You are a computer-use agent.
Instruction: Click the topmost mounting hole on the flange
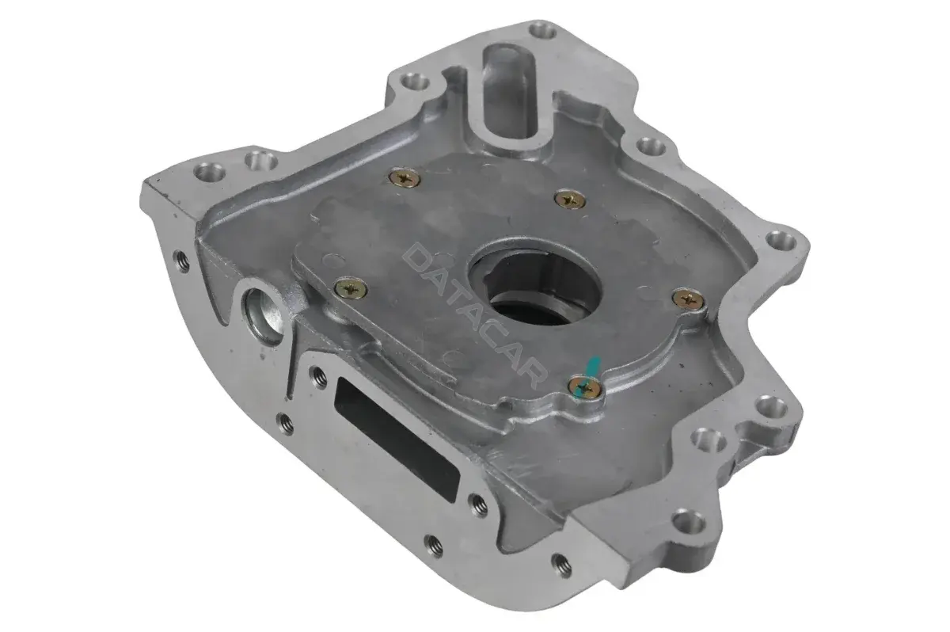click(543, 31)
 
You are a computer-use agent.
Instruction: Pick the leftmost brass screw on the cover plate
click(351, 289)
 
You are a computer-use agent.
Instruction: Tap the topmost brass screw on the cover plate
click(405, 177)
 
